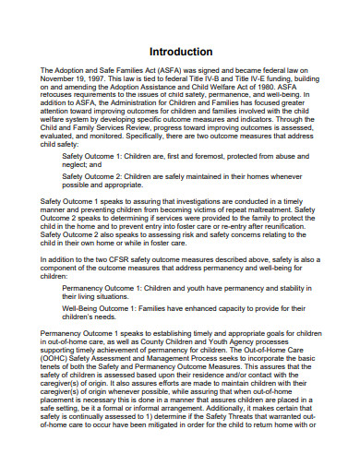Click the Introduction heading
pyautogui.click(x=180, y=52)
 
